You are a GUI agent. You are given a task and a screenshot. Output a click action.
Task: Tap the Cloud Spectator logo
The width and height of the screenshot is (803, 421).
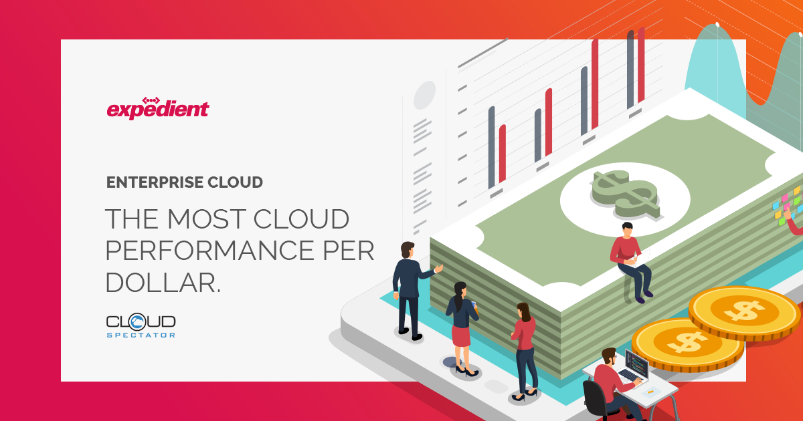click(141, 325)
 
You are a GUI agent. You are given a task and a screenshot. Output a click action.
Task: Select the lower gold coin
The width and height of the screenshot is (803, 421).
click(687, 344)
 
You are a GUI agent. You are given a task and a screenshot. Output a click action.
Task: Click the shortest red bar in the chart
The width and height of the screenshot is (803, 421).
click(503, 154)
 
